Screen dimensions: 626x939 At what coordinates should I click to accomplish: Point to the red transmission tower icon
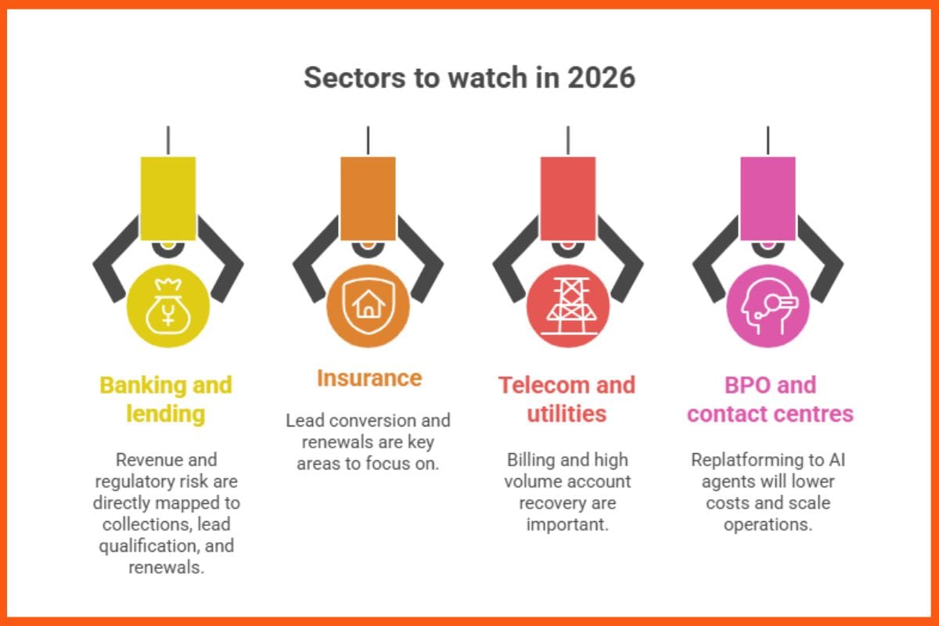point(568,306)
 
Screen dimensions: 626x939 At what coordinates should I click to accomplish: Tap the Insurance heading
point(369,379)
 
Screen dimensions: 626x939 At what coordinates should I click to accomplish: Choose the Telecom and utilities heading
point(568,399)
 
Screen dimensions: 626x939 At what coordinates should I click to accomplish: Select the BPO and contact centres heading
point(770,399)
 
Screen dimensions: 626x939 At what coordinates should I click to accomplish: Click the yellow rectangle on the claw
point(167,197)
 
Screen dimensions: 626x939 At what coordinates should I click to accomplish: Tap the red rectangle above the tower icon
point(568,197)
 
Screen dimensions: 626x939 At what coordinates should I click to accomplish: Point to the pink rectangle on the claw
point(768,197)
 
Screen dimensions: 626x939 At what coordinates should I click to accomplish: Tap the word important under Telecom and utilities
point(568,524)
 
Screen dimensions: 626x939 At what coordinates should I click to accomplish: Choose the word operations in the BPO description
point(768,524)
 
